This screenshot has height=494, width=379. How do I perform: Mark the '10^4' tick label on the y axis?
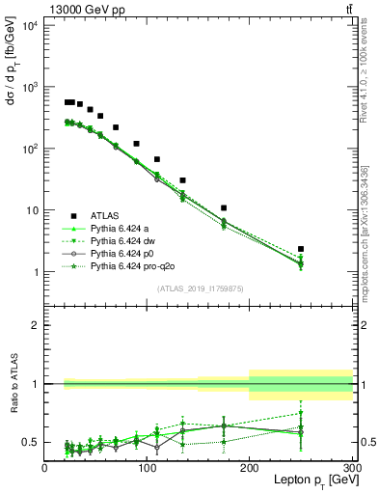coord(28,25)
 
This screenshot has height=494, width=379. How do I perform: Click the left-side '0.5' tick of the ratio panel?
coord(31,442)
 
